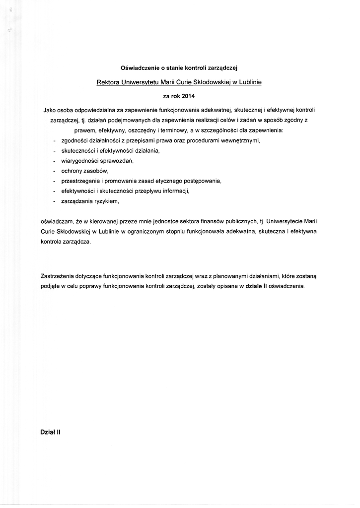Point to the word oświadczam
click(x=56, y=222)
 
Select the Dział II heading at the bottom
click(x=50, y=432)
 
